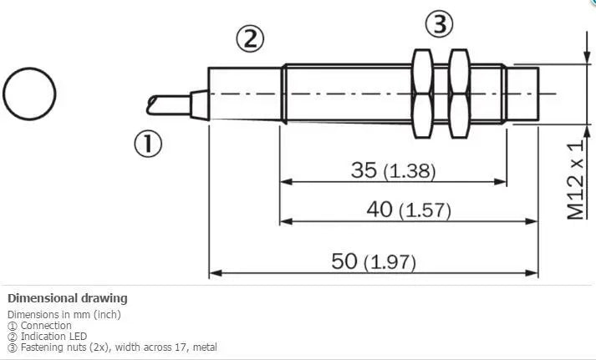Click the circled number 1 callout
[x=148, y=144]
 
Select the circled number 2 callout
[x=250, y=39]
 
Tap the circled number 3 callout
[x=439, y=24]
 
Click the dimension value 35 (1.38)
[x=393, y=170]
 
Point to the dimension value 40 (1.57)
[x=409, y=210]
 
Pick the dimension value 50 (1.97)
[x=374, y=261]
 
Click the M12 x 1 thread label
[x=575, y=180]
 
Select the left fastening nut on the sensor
[x=422, y=94]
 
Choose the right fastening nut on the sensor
[x=459, y=94]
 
